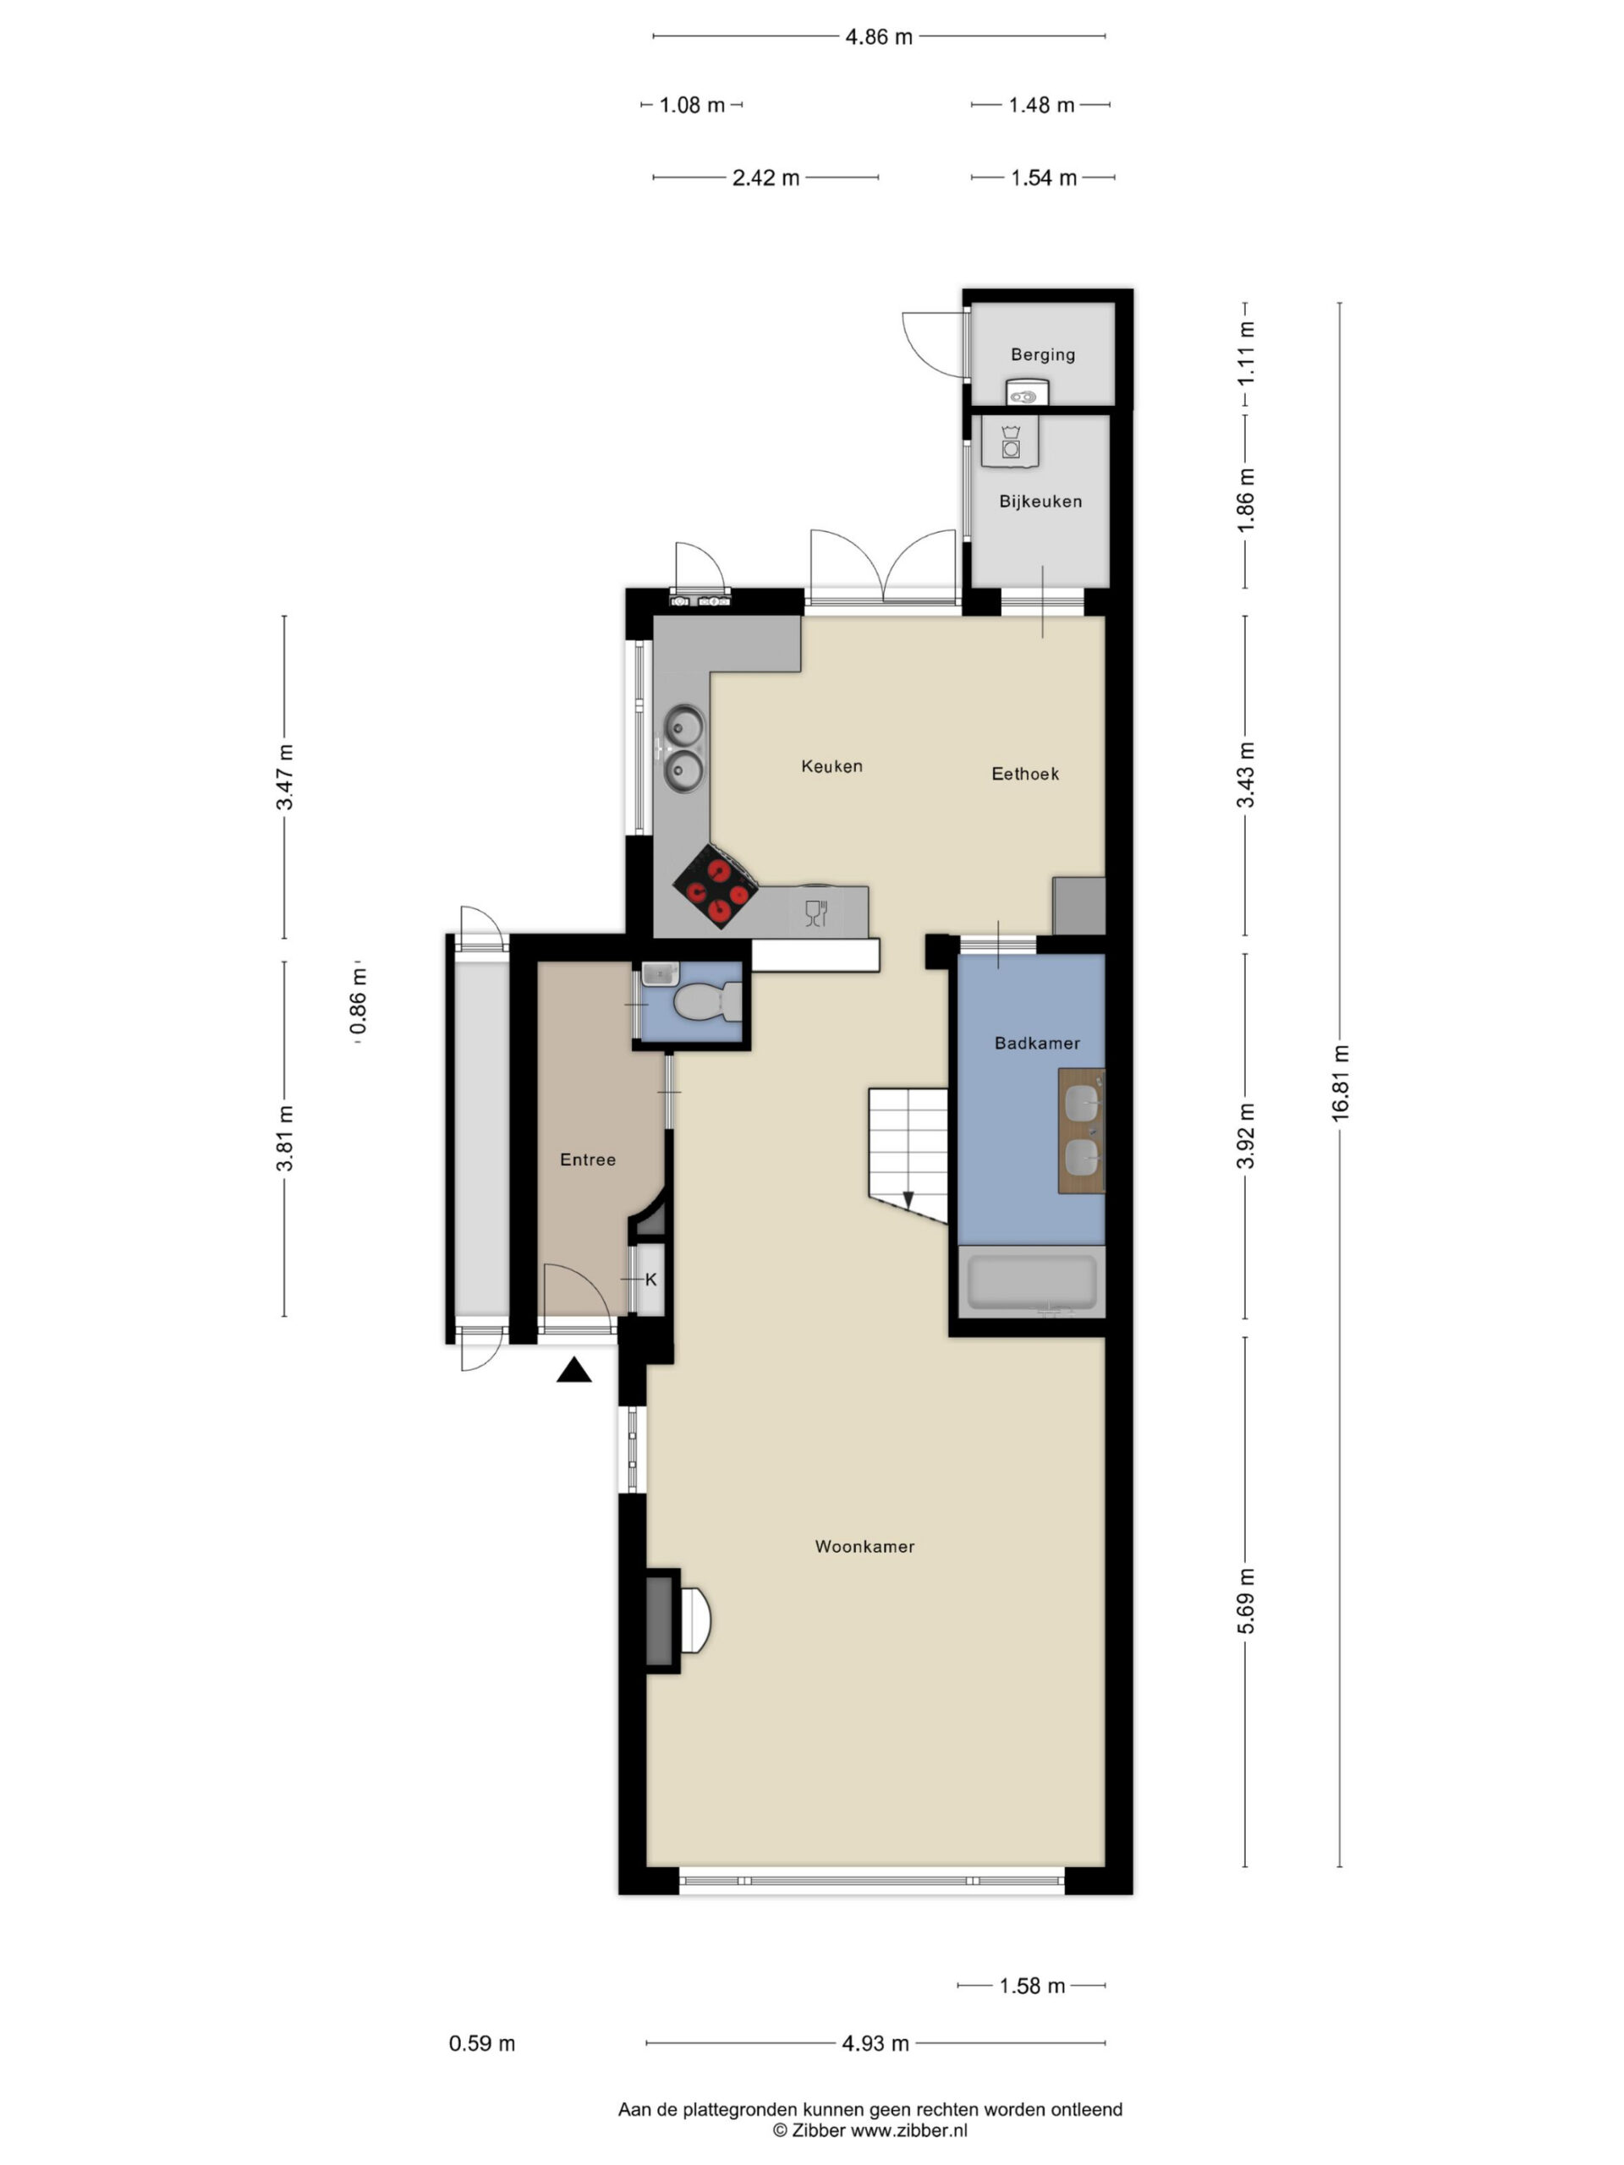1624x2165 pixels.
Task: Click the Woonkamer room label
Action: point(864,1547)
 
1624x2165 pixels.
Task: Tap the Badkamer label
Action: point(1037,1044)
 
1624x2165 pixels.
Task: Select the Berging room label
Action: point(1043,354)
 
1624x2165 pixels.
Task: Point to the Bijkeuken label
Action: point(1040,502)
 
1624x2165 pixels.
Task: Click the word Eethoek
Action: point(1025,774)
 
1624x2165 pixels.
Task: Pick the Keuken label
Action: point(832,766)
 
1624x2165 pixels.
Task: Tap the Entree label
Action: point(587,1159)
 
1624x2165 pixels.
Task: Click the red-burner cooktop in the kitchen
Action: point(716,885)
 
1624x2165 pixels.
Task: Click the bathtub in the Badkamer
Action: point(1032,1282)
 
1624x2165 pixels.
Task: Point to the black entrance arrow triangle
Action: point(574,1370)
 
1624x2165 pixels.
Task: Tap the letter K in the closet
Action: point(651,1280)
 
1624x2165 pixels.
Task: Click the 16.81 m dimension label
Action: point(1340,1082)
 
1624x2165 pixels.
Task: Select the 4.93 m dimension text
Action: point(875,2042)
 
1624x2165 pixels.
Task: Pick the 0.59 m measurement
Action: point(481,2042)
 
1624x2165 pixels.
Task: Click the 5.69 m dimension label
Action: point(1245,1601)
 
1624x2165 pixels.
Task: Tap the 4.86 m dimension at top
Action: point(878,37)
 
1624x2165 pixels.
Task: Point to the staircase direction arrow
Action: point(908,1200)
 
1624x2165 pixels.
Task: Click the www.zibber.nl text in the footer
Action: point(908,2129)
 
